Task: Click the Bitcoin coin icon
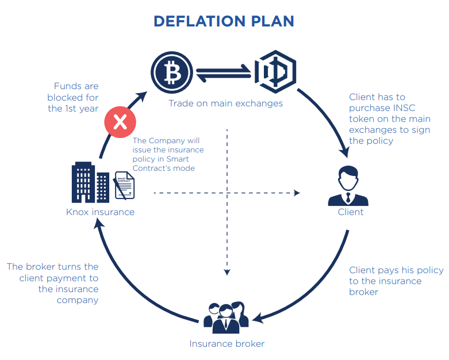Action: pos(172,72)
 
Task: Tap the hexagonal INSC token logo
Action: pos(275,72)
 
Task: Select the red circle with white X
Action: pos(120,122)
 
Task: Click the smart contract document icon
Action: pos(125,185)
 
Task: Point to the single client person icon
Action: pos(348,186)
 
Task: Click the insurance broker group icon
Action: pos(226,317)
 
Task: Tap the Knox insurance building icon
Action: pos(90,182)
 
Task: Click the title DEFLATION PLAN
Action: pos(224,21)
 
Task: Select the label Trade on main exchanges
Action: pos(225,103)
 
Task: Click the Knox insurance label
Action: pos(100,212)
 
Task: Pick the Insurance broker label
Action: pos(227,344)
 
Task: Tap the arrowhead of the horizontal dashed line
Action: pos(297,193)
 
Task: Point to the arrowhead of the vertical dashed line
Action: pos(227,272)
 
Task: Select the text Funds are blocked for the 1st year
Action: pos(73,97)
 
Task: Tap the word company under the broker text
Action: pos(77,300)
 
